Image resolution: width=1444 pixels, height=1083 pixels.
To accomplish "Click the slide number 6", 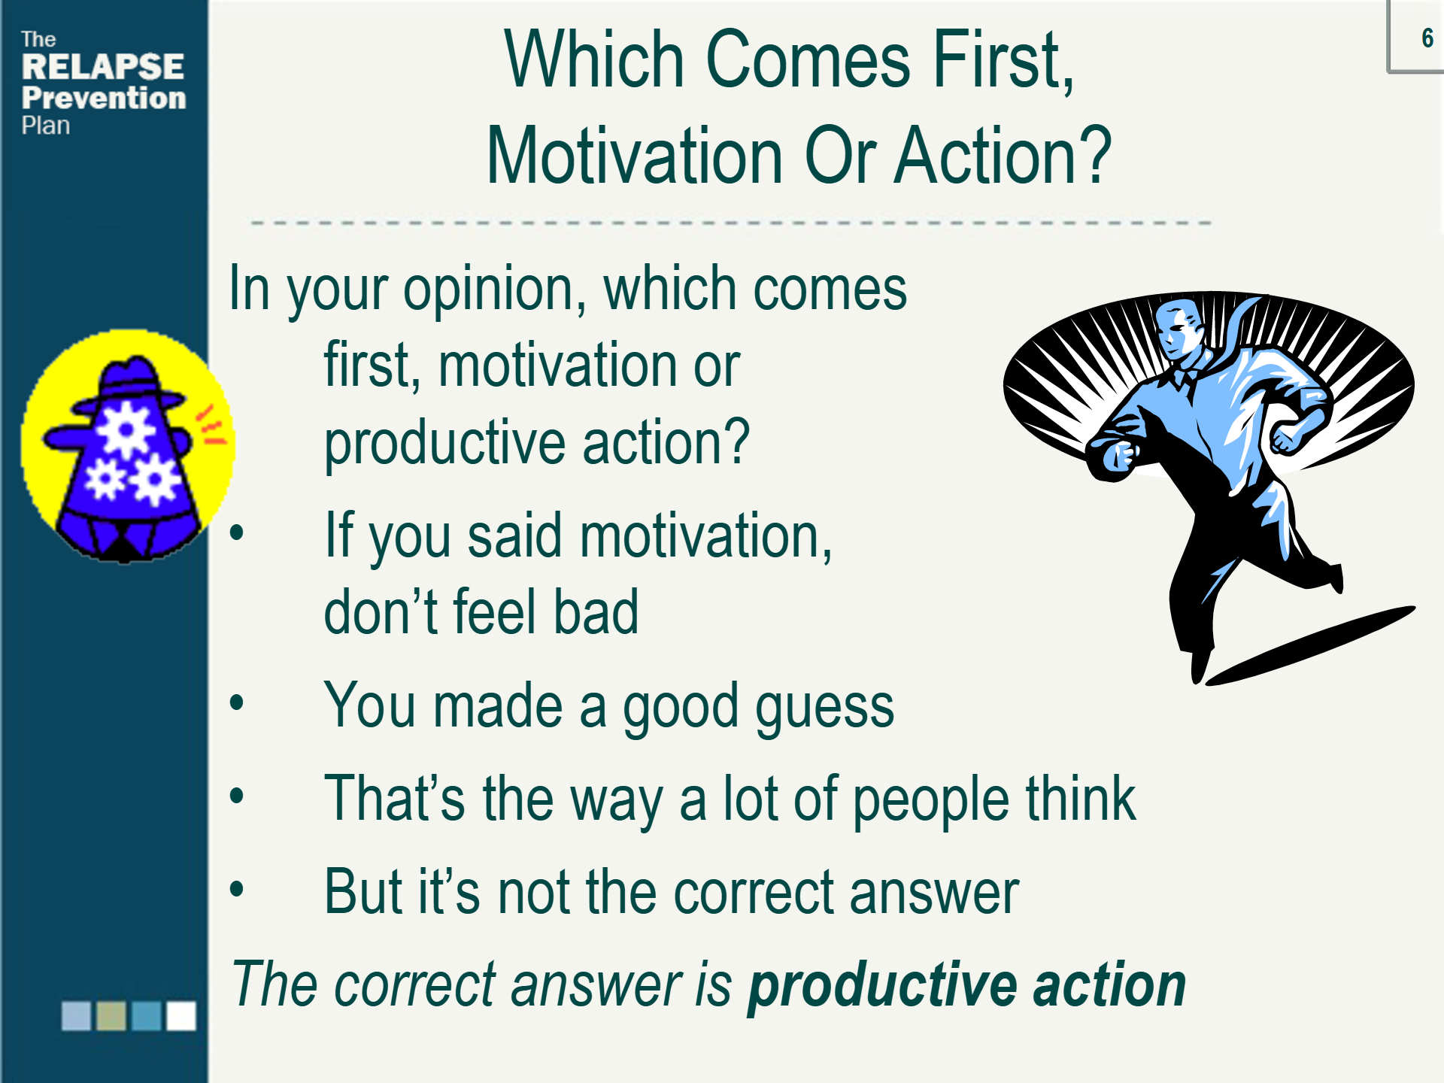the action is click(1427, 38).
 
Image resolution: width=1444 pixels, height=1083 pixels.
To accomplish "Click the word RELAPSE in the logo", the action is click(103, 67).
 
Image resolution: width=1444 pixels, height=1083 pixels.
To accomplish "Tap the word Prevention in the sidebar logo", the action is click(104, 98).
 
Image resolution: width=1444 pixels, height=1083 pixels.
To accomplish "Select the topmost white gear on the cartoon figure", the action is click(126, 429).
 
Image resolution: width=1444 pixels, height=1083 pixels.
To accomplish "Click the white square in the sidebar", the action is click(181, 1015).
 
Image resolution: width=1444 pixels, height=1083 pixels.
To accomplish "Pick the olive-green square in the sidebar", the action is click(111, 1015).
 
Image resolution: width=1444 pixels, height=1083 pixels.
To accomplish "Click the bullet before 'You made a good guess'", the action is click(237, 703).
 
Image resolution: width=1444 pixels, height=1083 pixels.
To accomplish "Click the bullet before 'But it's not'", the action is click(237, 889).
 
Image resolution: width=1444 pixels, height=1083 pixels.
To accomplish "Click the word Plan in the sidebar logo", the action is click(46, 126).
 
